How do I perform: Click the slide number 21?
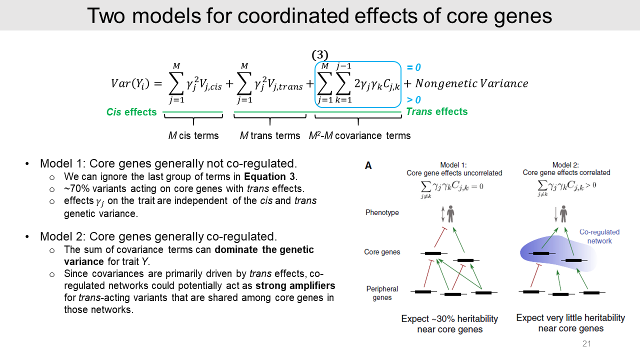click(x=586, y=344)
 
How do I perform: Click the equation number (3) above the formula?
click(x=320, y=55)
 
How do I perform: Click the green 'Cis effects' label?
click(x=131, y=112)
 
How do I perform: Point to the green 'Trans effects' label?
click(x=436, y=111)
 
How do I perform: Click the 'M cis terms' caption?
click(x=193, y=135)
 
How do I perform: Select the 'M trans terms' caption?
click(x=270, y=135)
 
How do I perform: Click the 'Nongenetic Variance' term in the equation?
click(x=471, y=83)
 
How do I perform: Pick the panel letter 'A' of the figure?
click(x=368, y=165)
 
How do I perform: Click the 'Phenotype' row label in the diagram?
click(x=382, y=212)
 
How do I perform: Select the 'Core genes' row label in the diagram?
click(x=382, y=252)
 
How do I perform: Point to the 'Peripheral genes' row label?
click(x=382, y=293)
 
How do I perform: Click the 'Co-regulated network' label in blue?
click(x=599, y=236)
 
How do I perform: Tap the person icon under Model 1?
click(x=450, y=214)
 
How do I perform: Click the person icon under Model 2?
click(x=563, y=214)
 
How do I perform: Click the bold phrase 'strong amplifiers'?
click(x=295, y=286)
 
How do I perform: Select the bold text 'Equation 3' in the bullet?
click(x=270, y=176)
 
